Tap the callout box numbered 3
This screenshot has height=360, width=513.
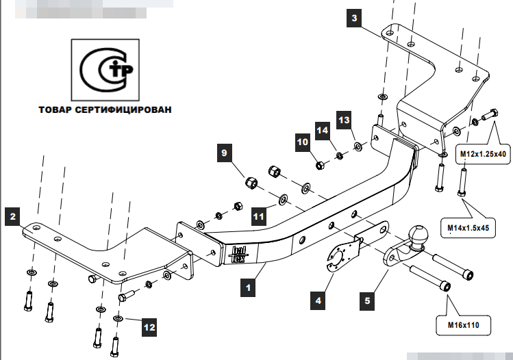tap(353, 18)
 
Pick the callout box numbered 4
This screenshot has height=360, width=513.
tap(318, 299)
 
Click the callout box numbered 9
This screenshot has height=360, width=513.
tap(223, 154)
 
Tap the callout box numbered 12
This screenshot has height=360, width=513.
tap(149, 326)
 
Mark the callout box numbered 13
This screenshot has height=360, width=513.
tap(344, 120)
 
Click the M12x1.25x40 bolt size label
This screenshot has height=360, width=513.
tap(483, 154)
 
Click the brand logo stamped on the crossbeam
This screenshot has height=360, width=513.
tap(238, 255)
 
